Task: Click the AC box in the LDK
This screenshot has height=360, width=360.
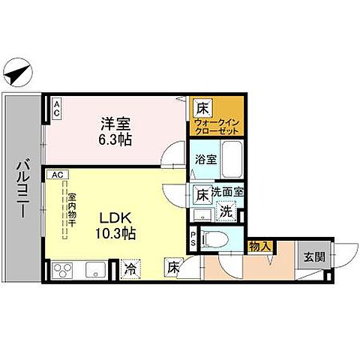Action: point(58,174)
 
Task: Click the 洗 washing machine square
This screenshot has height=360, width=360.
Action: point(224,211)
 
